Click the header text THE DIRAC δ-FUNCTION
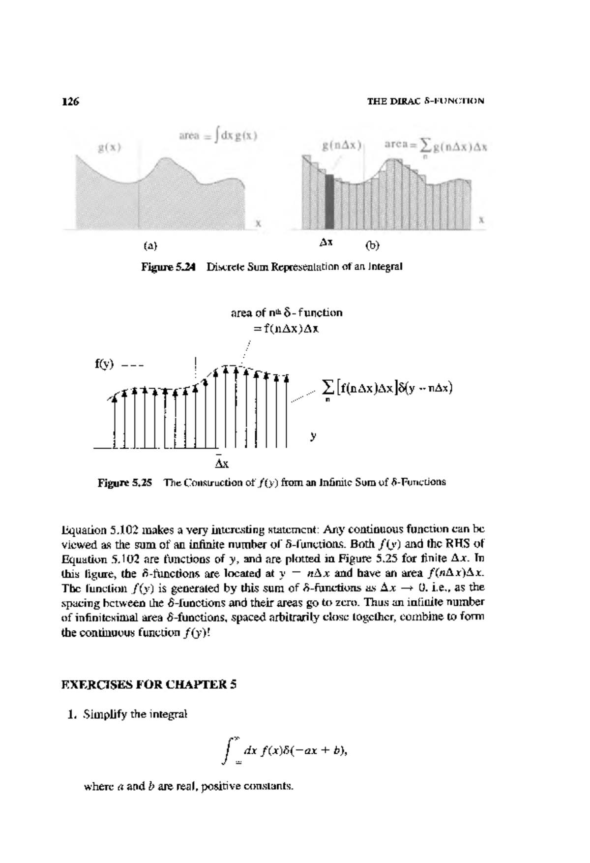tap(426, 101)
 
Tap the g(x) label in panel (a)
tap(109, 148)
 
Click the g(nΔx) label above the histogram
tap(342, 146)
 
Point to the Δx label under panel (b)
tap(326, 243)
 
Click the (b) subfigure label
tap(372, 245)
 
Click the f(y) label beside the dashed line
tap(104, 365)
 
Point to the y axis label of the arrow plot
tap(313, 435)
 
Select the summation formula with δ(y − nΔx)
tap(387, 388)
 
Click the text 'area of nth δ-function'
tap(286, 312)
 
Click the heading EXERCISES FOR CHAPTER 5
tap(149, 684)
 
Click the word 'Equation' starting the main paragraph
tap(84, 530)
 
